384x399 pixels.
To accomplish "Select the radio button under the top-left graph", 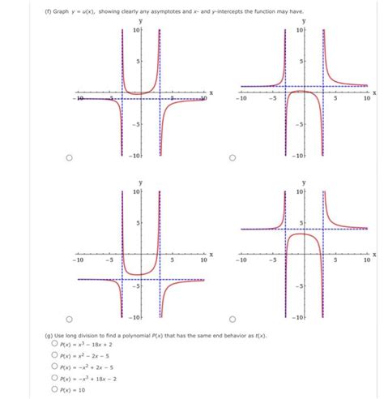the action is (70, 158).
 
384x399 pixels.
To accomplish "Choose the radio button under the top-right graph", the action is (232, 158).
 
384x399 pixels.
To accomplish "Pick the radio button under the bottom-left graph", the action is (70, 319).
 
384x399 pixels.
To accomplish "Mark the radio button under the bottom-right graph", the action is (232, 319).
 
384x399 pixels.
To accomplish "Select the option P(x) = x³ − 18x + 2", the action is (54, 343).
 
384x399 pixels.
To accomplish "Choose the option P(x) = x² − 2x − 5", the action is (54, 354).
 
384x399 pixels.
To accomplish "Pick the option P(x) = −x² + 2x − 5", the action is (54, 366).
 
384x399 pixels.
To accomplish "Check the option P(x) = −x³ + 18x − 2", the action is (54, 377).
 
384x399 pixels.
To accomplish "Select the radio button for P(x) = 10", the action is (54, 388).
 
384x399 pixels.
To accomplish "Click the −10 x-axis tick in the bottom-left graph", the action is (78, 261).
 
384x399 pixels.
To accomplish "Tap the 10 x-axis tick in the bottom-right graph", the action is (365, 261).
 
